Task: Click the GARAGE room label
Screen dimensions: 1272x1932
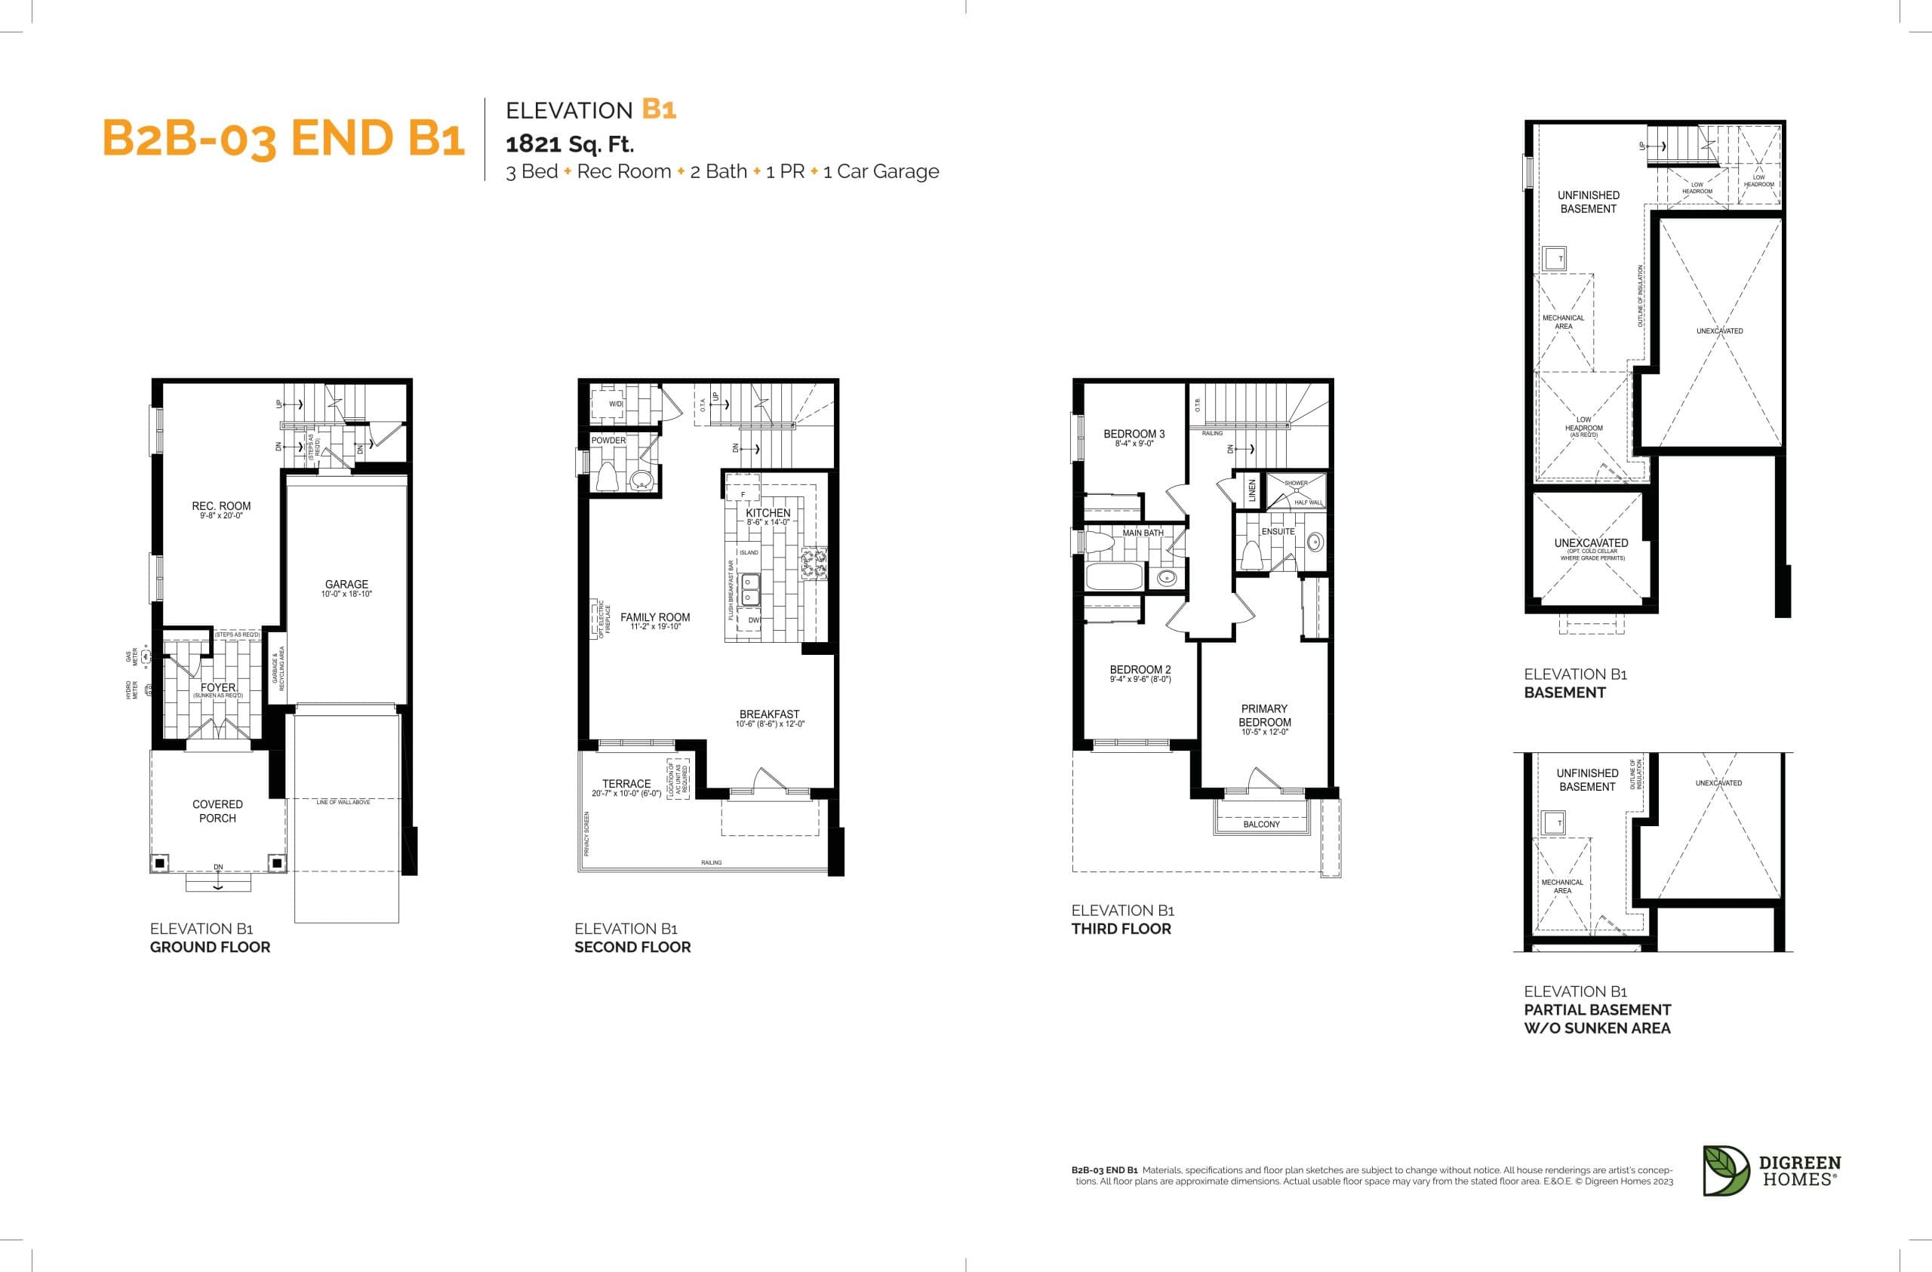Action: [346, 585]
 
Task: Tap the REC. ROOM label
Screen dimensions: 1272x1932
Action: [221, 505]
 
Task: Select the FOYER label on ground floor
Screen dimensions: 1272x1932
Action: [217, 687]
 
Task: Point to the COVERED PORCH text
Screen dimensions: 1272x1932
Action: [217, 811]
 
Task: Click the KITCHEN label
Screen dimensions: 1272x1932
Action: [768, 513]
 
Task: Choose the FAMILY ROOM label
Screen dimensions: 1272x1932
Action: [655, 618]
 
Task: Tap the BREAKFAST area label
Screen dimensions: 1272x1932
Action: [769, 714]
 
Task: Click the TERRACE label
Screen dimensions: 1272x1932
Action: [626, 783]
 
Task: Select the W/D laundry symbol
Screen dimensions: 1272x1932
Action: [617, 404]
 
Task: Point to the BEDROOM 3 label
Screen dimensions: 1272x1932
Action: [1134, 435]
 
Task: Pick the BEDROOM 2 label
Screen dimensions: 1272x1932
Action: [1140, 670]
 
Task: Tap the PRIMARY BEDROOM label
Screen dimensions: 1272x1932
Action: [1265, 715]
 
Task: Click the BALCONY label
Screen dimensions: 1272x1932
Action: [1262, 824]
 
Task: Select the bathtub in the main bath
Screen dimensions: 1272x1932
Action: [1115, 577]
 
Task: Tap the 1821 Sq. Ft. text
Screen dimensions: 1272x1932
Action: [570, 145]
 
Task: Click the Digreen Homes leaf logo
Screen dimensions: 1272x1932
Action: [1725, 1171]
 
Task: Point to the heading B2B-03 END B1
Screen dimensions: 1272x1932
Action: [283, 138]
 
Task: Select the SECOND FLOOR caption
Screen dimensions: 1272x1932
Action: [632, 947]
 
